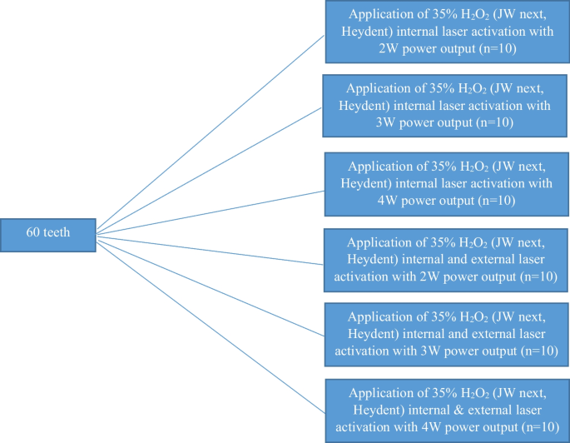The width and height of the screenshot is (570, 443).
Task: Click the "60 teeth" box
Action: [49, 234]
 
